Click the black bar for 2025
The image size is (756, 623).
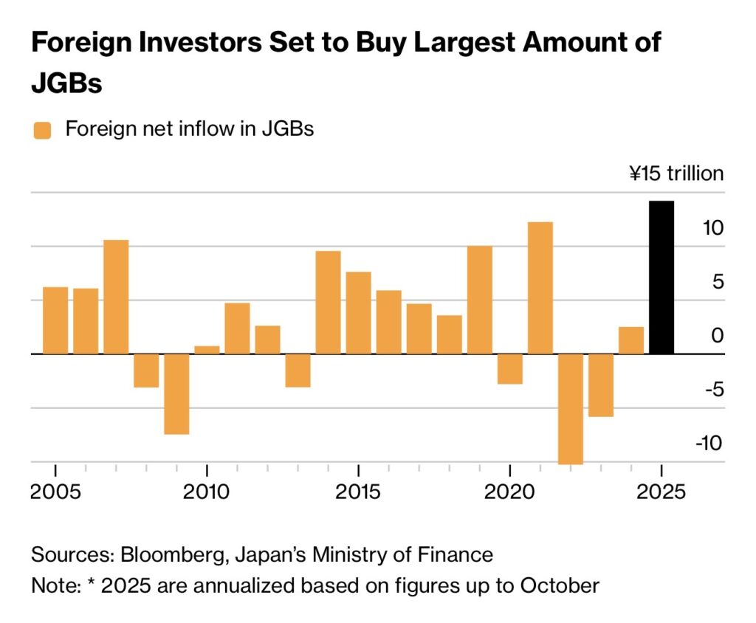661,277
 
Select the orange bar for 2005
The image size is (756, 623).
55,320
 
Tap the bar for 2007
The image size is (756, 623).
116,297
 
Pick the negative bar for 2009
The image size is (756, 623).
176,393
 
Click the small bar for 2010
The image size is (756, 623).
207,350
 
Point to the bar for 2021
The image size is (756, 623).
540,288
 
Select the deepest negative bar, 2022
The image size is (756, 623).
570,408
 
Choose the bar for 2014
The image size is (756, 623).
328,302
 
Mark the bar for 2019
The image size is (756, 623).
479,300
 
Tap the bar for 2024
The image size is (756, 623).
630,340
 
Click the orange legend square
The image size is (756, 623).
43,131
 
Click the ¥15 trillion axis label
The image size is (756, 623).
676,174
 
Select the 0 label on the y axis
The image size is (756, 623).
718,336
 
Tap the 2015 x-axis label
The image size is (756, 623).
358,491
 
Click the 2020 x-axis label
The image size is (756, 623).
509,491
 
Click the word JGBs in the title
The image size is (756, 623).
66,83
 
